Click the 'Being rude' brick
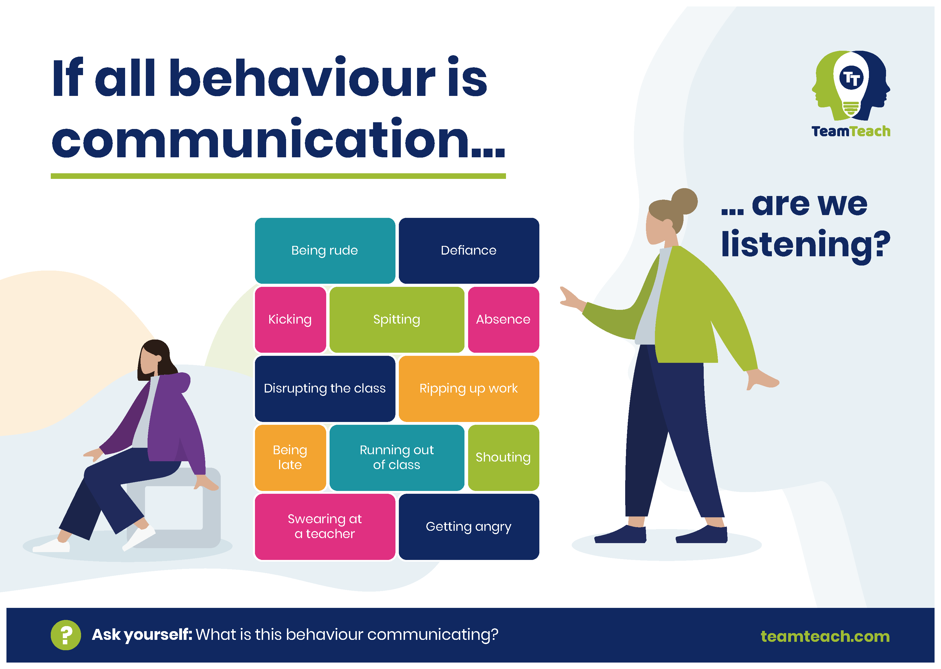pos(325,250)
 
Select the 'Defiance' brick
pos(469,250)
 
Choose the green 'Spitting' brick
pos(397,319)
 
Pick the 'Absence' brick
pos(503,319)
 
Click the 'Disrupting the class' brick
pos(325,388)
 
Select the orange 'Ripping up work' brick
pos(469,388)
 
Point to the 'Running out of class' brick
pos(397,457)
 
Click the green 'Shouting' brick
pos(503,457)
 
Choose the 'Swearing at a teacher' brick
pos(325,527)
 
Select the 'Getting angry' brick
pos(469,527)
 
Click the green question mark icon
pos(66,635)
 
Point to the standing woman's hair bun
pos(684,201)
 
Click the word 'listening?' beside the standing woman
pos(806,245)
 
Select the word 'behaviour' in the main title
pos(302,78)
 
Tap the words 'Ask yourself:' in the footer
pos(142,635)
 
